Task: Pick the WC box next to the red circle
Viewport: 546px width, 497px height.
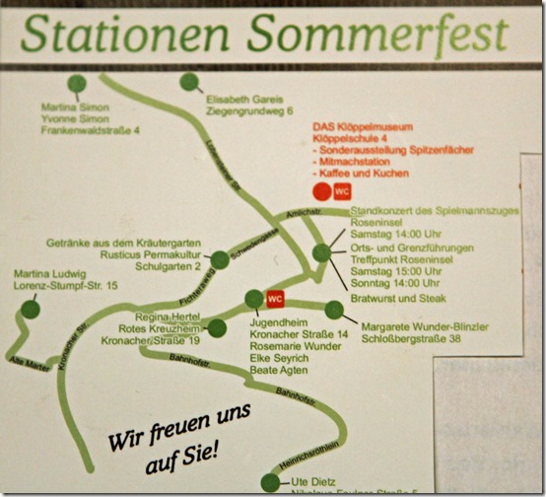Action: [x=342, y=191]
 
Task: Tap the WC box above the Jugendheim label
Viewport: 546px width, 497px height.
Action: [x=275, y=298]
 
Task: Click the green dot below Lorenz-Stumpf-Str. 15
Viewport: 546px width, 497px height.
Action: [x=31, y=309]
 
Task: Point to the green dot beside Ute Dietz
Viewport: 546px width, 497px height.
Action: [x=270, y=482]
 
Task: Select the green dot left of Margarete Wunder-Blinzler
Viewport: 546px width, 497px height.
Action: [x=334, y=311]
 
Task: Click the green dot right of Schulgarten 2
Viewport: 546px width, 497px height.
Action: [x=219, y=260]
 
